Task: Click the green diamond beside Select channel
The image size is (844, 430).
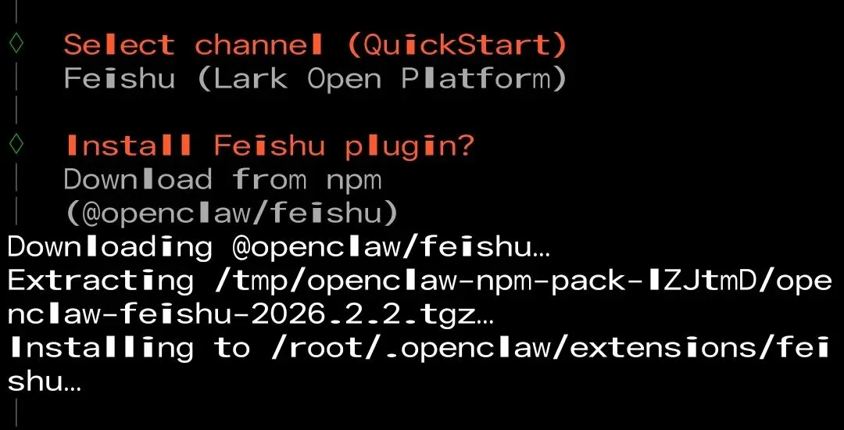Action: pyautogui.click(x=16, y=44)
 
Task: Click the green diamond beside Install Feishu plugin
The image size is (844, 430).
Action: pyautogui.click(x=16, y=145)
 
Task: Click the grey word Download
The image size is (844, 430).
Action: pyautogui.click(x=138, y=179)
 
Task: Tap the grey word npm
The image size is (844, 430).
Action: pyautogui.click(x=353, y=181)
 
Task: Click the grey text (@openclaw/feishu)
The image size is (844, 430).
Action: pyautogui.click(x=231, y=213)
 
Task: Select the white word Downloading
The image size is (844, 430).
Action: pyautogui.click(x=109, y=246)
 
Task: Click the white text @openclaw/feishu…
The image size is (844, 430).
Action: pyautogui.click(x=390, y=246)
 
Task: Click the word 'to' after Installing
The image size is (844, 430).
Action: pyautogui.click(x=232, y=348)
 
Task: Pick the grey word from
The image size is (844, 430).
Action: pyautogui.click(x=269, y=179)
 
